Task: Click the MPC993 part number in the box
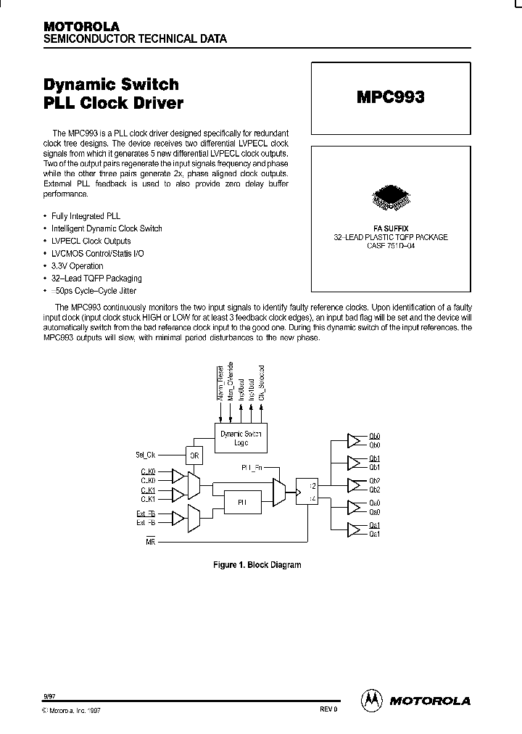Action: [x=390, y=97]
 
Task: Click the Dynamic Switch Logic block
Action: [x=242, y=437]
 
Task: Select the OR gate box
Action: [x=194, y=455]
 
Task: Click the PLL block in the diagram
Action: [x=242, y=501]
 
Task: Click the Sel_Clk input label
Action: [x=146, y=455]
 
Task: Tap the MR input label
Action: [x=151, y=541]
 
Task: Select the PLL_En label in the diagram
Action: [x=252, y=468]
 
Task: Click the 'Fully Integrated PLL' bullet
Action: [x=86, y=216]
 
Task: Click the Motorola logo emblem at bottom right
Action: [x=372, y=700]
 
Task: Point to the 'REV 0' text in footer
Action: [x=328, y=710]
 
